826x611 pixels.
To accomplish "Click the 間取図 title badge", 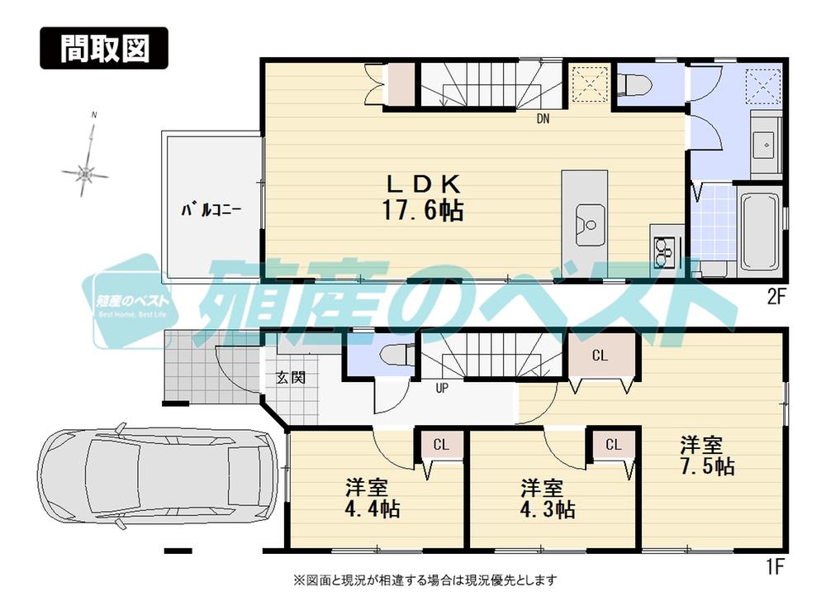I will click(x=104, y=49).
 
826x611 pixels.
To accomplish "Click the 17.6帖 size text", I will click(x=421, y=212).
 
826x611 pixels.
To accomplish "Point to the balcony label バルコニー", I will click(x=211, y=210).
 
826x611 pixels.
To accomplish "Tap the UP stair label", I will click(x=442, y=387).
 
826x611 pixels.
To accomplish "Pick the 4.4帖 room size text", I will click(x=372, y=508).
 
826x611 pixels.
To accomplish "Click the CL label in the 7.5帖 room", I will click(x=600, y=356).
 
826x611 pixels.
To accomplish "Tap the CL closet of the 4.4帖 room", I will click(x=440, y=445).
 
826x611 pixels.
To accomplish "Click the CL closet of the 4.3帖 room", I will click(x=613, y=445).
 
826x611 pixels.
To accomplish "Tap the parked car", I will click(x=157, y=480).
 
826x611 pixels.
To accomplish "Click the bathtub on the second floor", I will click(x=761, y=232).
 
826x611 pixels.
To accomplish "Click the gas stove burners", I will click(x=665, y=249).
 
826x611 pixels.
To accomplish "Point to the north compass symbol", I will click(x=85, y=172).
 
